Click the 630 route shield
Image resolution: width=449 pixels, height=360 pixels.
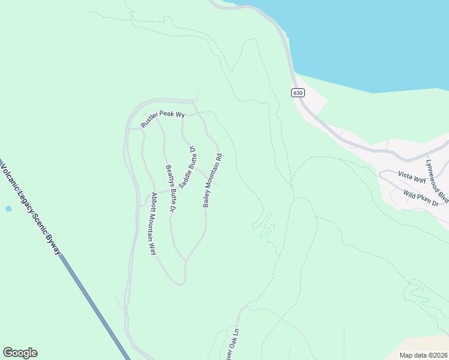[299, 92]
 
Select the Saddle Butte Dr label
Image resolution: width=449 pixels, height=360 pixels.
[187, 167]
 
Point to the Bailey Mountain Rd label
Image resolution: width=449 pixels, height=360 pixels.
[212, 181]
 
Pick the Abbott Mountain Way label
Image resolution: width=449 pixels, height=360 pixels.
[153, 223]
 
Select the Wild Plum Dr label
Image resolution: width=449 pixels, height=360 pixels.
[426, 197]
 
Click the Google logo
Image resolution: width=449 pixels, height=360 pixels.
[20, 353]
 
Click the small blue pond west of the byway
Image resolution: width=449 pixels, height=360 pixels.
[8, 208]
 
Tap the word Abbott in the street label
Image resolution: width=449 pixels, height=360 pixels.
[154, 202]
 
